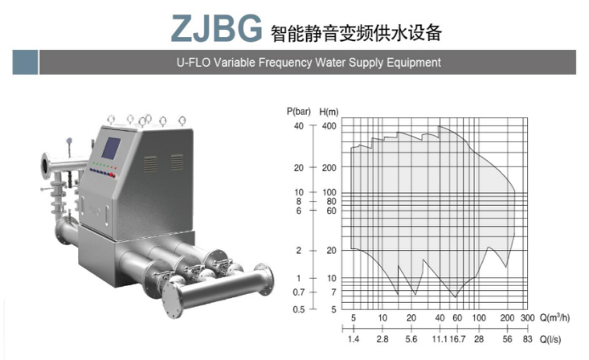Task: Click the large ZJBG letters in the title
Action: pos(216,28)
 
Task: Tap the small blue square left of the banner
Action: pos(25,62)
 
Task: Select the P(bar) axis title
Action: pos(299,112)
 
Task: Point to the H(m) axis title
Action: pos(329,112)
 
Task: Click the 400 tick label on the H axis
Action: pos(329,126)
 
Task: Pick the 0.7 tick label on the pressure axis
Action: pos(299,292)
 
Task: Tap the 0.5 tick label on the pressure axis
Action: pos(299,309)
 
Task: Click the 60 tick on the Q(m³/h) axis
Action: pos(457,318)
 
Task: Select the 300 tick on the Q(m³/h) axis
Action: pos(527,318)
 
